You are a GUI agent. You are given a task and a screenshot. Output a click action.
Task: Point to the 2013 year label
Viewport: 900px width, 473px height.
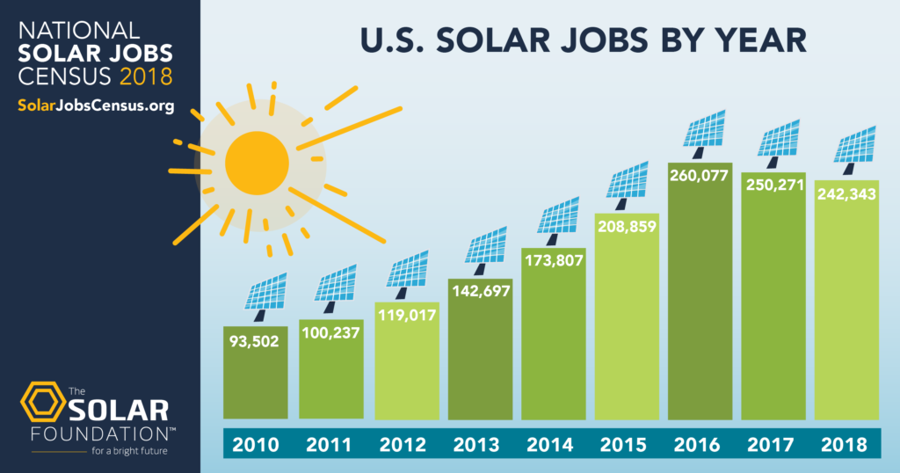tap(476, 444)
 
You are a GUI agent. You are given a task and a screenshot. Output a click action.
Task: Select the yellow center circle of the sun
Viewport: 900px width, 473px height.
tap(257, 164)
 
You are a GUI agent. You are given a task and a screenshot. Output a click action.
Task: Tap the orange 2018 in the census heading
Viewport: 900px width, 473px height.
tap(147, 77)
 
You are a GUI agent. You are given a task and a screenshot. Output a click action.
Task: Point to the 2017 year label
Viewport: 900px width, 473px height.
tap(773, 444)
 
